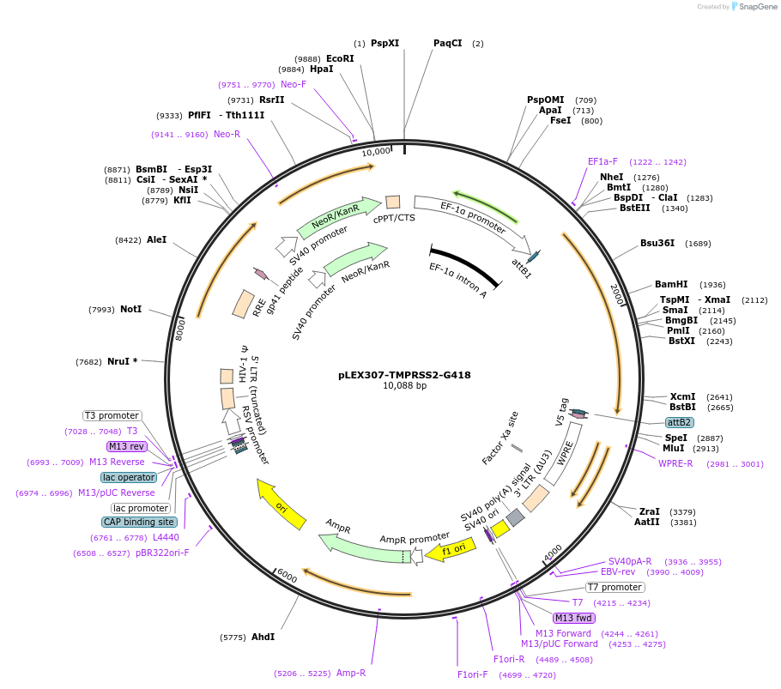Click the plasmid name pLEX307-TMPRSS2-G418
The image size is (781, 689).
(x=404, y=374)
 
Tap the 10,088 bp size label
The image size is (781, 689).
(x=404, y=386)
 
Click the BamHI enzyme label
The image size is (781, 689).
(x=671, y=284)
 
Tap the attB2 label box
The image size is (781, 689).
(x=680, y=422)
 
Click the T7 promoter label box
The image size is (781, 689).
(x=615, y=587)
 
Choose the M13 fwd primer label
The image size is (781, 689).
(x=574, y=618)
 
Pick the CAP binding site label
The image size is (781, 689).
(x=140, y=522)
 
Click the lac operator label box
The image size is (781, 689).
(x=129, y=477)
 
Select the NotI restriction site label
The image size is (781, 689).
(x=131, y=309)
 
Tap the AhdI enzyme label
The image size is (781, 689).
(x=263, y=637)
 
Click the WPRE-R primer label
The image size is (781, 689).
(x=675, y=463)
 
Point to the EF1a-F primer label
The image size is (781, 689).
(x=602, y=161)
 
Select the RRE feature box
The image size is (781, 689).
(x=243, y=304)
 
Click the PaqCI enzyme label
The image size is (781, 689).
(x=448, y=43)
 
